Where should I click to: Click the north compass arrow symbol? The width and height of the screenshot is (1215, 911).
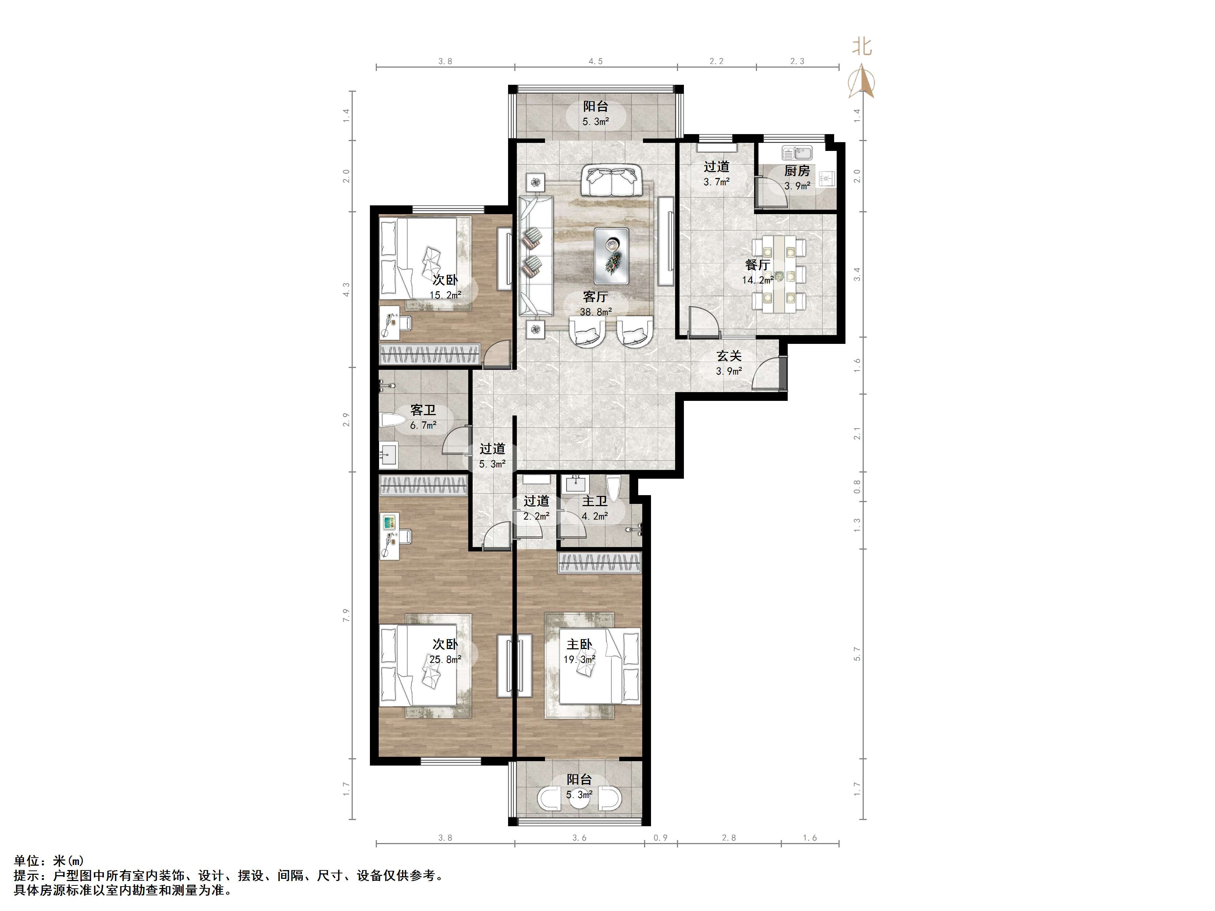[x=861, y=81]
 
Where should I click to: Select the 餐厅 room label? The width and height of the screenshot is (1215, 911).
[x=757, y=265]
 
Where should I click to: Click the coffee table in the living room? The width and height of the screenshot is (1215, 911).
[x=612, y=256]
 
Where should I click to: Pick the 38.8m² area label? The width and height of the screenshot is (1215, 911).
[x=595, y=312]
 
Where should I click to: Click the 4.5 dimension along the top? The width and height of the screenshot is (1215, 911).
[x=595, y=61]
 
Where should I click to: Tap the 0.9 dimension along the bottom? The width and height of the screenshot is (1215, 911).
[x=661, y=838]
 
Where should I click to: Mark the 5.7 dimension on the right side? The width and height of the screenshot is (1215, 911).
[x=858, y=653]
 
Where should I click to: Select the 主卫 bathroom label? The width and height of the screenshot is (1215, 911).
[x=595, y=501]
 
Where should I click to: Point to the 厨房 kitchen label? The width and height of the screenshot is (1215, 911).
[x=797, y=171]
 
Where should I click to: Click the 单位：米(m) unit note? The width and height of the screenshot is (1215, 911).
[x=49, y=861]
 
